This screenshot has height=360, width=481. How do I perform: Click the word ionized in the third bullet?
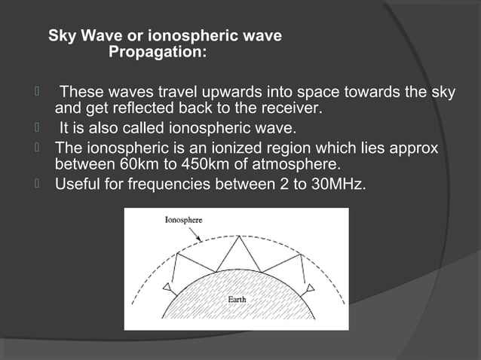pos(215,147)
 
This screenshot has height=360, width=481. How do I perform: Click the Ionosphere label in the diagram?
pos(183,220)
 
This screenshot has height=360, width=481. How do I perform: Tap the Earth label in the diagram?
pos(237,300)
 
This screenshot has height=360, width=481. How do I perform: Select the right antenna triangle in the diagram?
pos(310,288)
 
